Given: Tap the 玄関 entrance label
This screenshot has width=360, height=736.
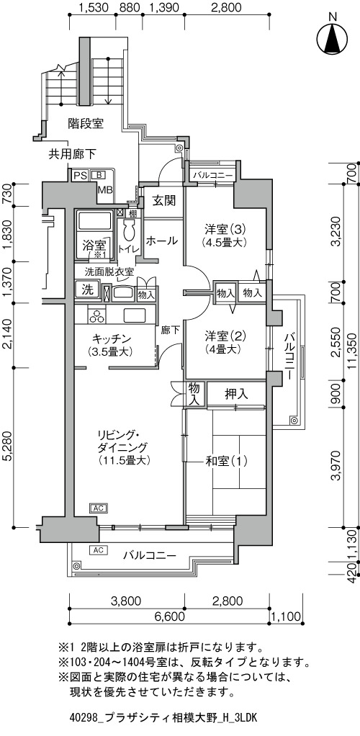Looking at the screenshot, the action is click(164, 201).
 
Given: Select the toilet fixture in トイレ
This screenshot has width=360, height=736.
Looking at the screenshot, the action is click(127, 230).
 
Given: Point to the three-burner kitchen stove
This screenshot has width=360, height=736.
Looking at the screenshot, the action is click(97, 316).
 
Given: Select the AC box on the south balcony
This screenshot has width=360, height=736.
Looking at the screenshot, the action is click(99, 549).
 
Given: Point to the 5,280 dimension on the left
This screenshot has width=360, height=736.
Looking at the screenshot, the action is click(7, 452).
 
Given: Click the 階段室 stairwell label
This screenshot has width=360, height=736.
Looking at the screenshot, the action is click(86, 124).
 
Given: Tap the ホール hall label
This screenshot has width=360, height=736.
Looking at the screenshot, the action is click(161, 241).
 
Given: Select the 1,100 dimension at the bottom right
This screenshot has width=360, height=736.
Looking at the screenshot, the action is click(286, 616).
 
